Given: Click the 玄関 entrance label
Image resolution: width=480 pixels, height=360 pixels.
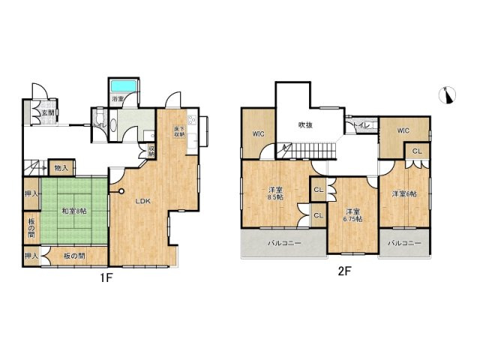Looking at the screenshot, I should click(46, 112).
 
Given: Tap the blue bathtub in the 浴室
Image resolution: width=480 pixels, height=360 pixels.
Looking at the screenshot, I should click(121, 86).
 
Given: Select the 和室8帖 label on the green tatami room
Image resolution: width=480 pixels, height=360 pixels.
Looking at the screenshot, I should click(74, 211).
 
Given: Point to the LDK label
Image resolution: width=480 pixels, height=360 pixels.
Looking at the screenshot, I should click(143, 201).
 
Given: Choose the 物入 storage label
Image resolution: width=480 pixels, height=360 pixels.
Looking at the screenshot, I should click(61, 168).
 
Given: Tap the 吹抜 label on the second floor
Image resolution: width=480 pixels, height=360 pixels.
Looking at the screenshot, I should click(303, 124).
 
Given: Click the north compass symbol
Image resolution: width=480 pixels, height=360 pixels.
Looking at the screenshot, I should click(448, 95).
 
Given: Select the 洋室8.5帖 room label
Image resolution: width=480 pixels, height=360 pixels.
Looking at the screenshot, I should click(275, 193).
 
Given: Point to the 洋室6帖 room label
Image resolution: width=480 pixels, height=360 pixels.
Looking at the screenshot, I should click(405, 193).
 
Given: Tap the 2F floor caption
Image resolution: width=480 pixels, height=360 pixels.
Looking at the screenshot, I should click(343, 271).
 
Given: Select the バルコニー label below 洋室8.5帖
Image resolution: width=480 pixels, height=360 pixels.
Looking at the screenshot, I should click(283, 244).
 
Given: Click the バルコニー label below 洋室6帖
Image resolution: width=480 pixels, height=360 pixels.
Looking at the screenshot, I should click(405, 244).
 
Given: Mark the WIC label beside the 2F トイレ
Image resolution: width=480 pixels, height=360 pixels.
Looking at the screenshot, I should click(403, 130).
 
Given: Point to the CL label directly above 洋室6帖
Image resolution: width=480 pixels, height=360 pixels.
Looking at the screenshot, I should click(417, 151).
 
